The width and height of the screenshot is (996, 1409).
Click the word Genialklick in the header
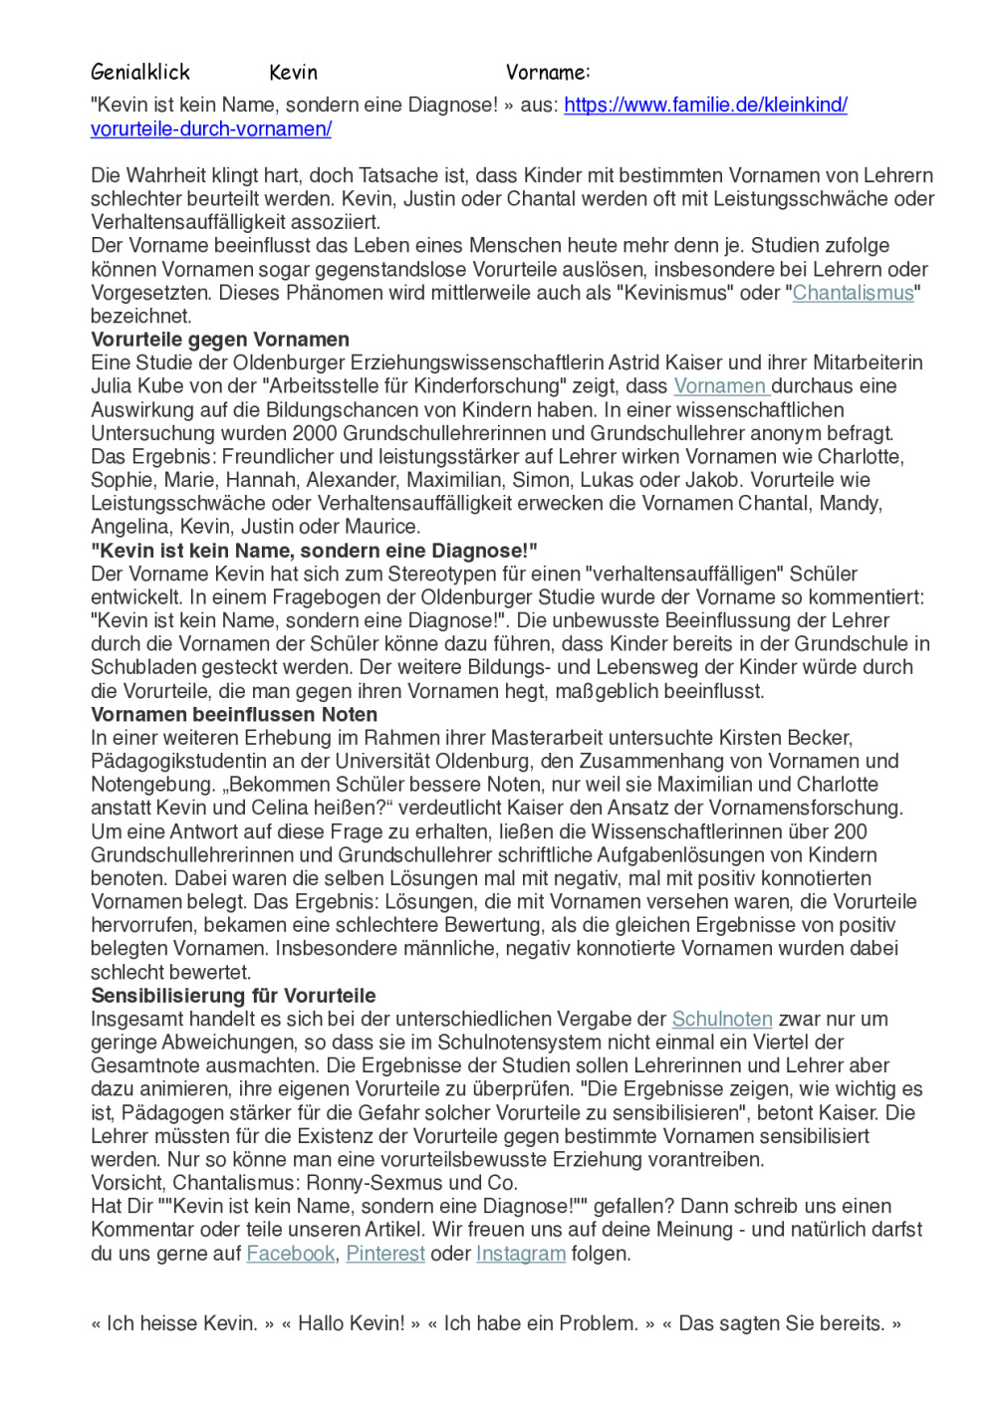139,72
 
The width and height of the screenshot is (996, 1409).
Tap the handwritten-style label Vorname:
547,72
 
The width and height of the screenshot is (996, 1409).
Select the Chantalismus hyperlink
853,293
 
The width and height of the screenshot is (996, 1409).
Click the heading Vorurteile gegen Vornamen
220,340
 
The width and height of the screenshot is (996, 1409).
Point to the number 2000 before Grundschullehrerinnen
315,433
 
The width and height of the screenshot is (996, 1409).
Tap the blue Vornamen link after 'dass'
719,386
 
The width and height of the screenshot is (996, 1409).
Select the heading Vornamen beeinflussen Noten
234,715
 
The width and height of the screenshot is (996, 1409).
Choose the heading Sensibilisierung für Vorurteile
233,996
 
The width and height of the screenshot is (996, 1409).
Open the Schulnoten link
722,1020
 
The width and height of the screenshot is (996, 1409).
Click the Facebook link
290,1254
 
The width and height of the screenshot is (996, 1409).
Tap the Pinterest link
385,1254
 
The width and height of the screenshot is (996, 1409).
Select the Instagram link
520,1254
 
